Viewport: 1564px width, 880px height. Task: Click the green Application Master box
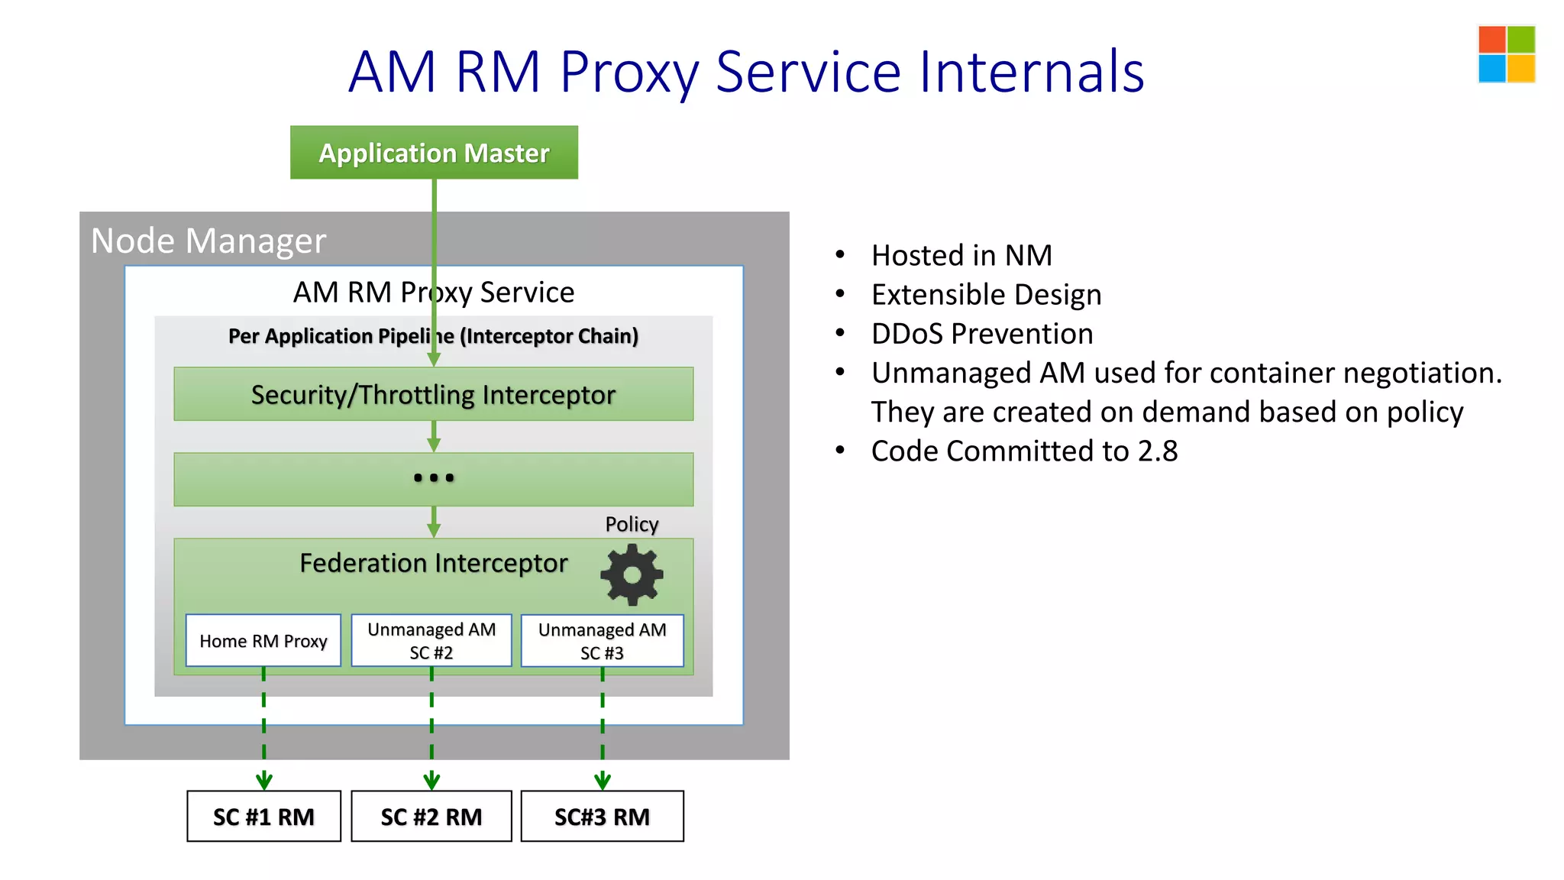click(x=434, y=153)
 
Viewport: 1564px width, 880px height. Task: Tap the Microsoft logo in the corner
click(x=1506, y=54)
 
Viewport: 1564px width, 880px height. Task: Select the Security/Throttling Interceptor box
click(x=433, y=394)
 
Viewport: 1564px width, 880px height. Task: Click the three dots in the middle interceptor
click(x=433, y=478)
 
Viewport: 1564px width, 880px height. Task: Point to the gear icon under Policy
click(x=632, y=574)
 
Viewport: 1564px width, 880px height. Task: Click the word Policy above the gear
click(x=632, y=524)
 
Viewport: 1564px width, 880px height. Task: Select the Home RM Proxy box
click(x=263, y=641)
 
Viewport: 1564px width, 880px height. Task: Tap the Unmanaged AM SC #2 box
click(x=431, y=641)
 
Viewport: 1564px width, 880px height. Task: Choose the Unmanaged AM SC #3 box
click(x=602, y=641)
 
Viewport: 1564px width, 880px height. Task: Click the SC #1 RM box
click(x=263, y=817)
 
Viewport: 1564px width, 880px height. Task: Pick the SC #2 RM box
click(x=431, y=817)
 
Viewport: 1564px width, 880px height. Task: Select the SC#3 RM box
click(x=602, y=817)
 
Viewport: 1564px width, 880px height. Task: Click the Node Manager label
click(x=208, y=241)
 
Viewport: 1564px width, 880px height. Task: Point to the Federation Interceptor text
click(x=433, y=563)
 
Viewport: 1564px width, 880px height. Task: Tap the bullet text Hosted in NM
click(x=961, y=255)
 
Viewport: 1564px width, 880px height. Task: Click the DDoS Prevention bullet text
click(x=982, y=334)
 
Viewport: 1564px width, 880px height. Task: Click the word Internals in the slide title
click(x=1031, y=72)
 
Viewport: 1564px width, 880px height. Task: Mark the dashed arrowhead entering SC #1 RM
click(x=263, y=781)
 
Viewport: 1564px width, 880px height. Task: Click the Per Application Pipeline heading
click(x=433, y=336)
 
